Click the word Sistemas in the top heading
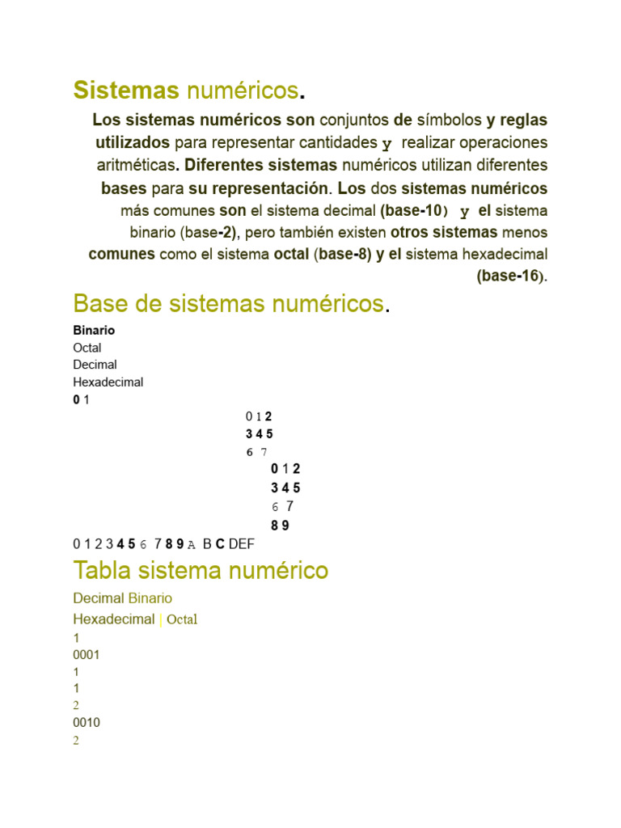pos(125,91)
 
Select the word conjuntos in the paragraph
pos(355,120)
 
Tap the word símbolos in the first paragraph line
pos(449,120)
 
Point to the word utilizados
pos(133,143)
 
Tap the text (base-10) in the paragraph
pos(413,211)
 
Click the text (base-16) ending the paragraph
pos(511,276)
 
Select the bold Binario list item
pos(94,331)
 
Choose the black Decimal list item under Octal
pos(95,365)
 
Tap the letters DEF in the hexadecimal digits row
pos(241,544)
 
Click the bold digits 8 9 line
pos(280,526)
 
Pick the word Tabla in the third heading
pos(103,571)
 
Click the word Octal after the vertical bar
pos(182,620)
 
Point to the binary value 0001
pos(86,655)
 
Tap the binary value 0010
pos(86,723)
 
